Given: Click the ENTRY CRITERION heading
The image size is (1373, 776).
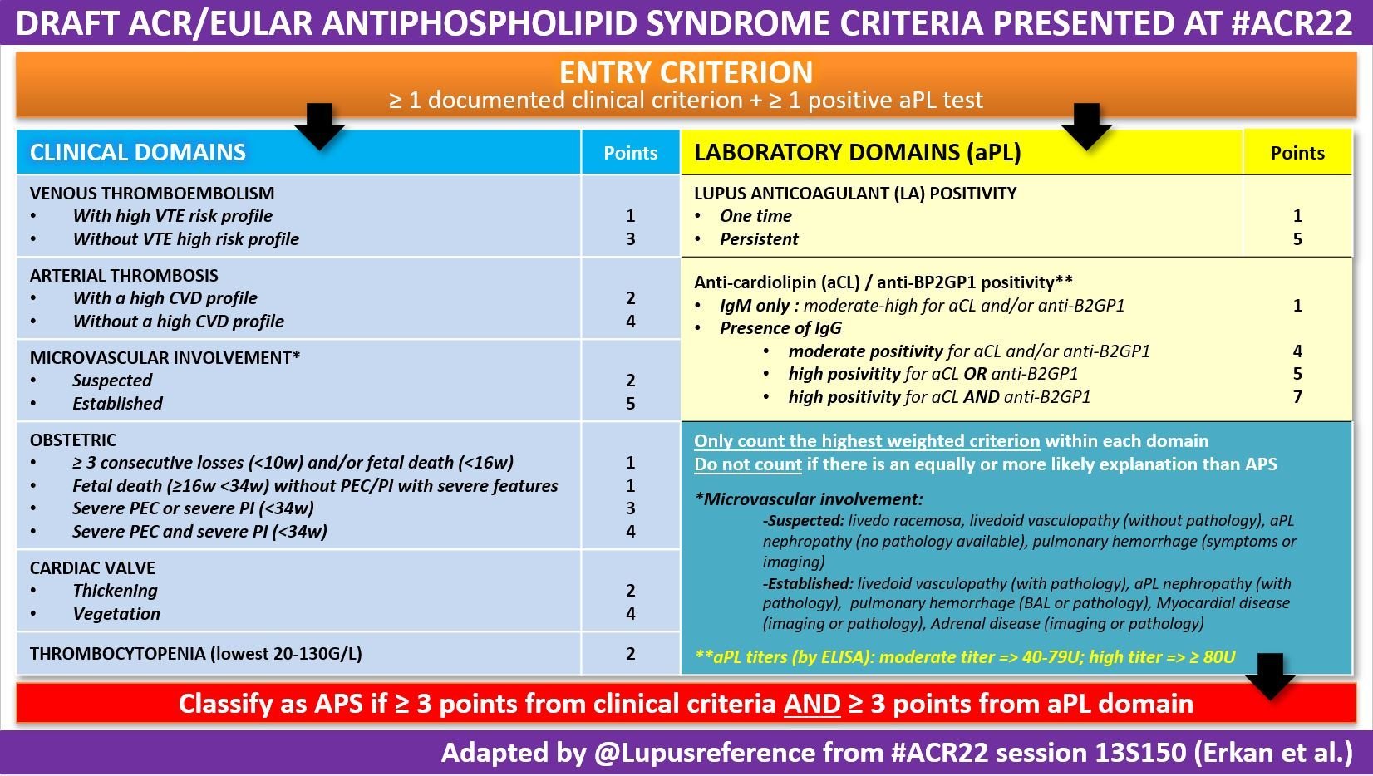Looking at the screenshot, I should pyautogui.click(x=686, y=72).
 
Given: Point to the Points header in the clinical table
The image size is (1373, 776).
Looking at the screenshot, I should pyautogui.click(x=630, y=153).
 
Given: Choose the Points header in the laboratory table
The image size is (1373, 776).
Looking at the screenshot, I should pyautogui.click(x=1297, y=153).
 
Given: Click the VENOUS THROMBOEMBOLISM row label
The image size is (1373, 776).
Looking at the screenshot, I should pyautogui.click(x=151, y=193).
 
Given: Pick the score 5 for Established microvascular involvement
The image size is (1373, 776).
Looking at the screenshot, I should pyautogui.click(x=630, y=404).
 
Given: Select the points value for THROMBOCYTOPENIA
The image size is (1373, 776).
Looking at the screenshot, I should pyautogui.click(x=630, y=654).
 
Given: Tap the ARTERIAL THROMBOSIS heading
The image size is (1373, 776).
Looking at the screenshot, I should pyautogui.click(x=124, y=275).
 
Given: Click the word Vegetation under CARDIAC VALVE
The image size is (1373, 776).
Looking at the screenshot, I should pyautogui.click(x=116, y=614).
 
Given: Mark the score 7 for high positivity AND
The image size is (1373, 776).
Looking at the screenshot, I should pyautogui.click(x=1297, y=397).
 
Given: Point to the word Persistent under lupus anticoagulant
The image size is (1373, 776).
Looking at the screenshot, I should pyautogui.click(x=759, y=239).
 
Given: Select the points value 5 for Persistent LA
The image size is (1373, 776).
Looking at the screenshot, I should pyautogui.click(x=1297, y=239).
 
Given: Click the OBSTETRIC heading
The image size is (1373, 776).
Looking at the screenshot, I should pyautogui.click(x=73, y=440).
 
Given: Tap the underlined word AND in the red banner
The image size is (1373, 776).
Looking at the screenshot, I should pyautogui.click(x=812, y=705).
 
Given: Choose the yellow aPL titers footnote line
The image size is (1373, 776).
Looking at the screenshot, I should pyautogui.click(x=964, y=657).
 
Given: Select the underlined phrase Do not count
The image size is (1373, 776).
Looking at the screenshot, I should pyautogui.click(x=747, y=464).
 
